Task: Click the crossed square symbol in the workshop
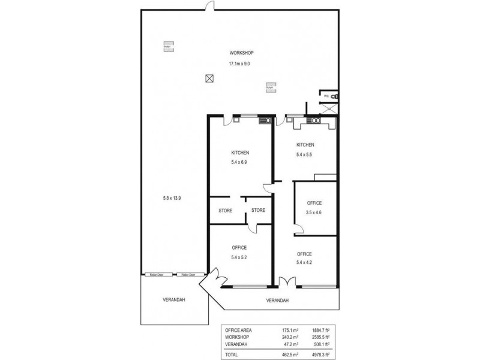pos(209,78)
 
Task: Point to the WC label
pos(326,96)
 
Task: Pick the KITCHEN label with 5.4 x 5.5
pos(305,145)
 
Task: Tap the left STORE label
pos(225,211)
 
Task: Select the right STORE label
pos(258,210)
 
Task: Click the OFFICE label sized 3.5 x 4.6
pos(314,203)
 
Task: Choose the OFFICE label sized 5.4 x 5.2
pos(239,247)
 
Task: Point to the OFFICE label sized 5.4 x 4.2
pos(305,254)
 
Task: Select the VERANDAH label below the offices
pos(277,300)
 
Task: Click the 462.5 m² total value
pos(290,354)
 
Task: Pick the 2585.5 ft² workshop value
pos(325,337)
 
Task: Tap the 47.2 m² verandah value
pos(291,344)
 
